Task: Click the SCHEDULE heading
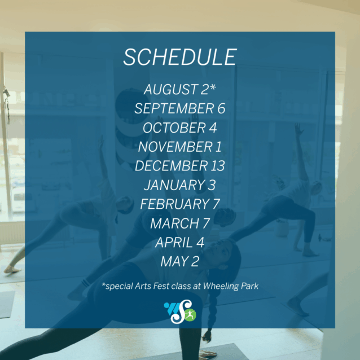click(180, 57)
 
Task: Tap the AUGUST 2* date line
click(180, 89)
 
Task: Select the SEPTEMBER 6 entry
click(180, 108)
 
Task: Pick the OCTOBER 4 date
click(180, 128)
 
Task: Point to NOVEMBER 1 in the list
click(180, 147)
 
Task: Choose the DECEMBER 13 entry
click(180, 166)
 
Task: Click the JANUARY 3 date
click(180, 185)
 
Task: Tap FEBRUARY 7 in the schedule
click(180, 204)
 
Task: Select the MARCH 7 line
click(180, 223)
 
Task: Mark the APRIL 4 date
click(180, 243)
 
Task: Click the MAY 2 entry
click(180, 261)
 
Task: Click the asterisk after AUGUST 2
click(213, 87)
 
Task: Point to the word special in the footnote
click(119, 286)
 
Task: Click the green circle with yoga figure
click(190, 315)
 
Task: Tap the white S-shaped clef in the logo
click(181, 311)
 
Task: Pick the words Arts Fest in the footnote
click(152, 286)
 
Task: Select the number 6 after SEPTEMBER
click(221, 108)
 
